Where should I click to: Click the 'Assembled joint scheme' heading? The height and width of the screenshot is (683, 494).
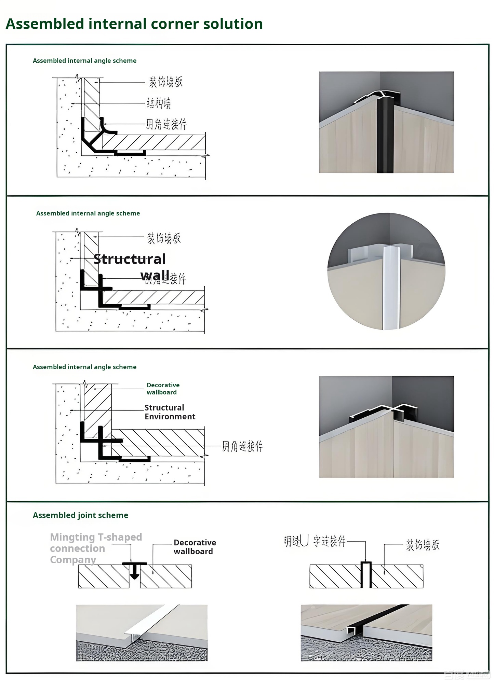80,515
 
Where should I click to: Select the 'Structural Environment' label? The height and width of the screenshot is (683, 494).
170,412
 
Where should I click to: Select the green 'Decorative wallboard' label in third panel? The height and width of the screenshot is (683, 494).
163,389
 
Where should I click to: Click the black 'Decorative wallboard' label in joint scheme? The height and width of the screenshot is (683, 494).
195,547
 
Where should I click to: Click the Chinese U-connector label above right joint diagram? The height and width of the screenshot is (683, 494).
315,541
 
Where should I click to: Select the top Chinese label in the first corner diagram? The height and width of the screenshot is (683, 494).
165,82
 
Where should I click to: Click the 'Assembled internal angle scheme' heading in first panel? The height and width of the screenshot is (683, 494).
84,61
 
